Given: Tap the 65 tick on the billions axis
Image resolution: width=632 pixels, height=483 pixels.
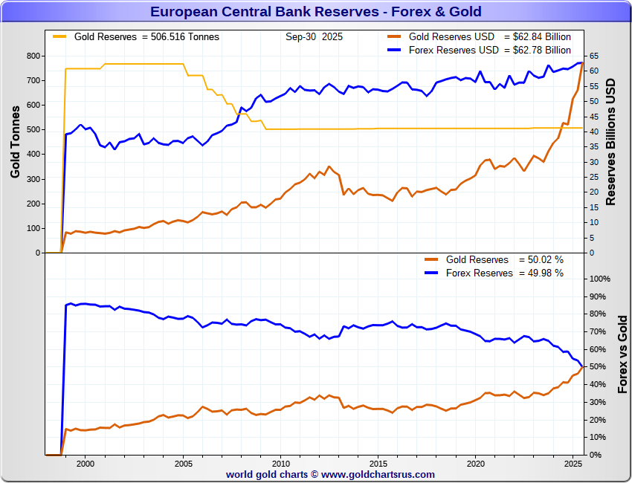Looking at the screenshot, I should tap(595, 56).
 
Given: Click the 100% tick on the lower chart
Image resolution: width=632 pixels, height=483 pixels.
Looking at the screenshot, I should tap(599, 279).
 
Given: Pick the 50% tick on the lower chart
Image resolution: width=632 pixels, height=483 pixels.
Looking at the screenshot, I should tap(597, 367).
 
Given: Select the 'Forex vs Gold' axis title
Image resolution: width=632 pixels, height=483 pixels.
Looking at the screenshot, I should tap(623, 354).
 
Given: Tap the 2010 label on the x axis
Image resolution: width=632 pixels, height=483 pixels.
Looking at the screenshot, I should tap(280, 462).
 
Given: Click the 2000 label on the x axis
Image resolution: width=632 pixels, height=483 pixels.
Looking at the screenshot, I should tap(85, 462).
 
